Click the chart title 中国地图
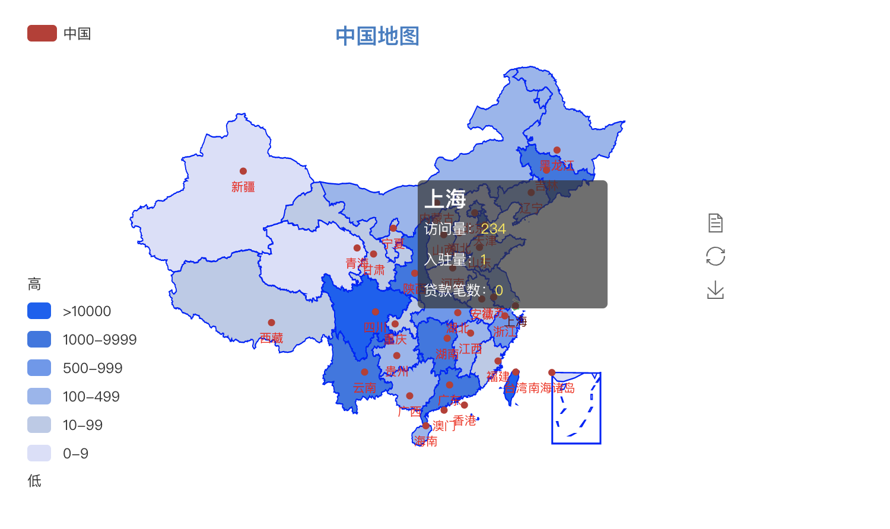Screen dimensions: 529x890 377,36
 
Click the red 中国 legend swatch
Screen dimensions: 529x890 42,33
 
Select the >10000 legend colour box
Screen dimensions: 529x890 39,311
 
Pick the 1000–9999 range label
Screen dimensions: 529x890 100,340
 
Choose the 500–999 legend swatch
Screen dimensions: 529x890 39,368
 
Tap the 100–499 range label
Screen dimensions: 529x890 91,397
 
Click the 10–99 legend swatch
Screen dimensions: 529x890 39,425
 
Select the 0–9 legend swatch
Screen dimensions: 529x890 39,453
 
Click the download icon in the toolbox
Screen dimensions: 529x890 716,290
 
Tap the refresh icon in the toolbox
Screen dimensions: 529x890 716,256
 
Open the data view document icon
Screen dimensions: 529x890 716,223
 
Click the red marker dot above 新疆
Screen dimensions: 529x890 243,171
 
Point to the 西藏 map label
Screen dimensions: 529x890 271,338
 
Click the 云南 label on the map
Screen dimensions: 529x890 364,388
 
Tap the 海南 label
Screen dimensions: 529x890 425,441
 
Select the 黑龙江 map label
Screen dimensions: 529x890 557,165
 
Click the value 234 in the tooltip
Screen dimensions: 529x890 493,229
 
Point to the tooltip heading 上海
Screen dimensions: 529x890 445,199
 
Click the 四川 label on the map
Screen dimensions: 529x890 375,327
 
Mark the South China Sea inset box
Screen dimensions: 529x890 576,408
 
